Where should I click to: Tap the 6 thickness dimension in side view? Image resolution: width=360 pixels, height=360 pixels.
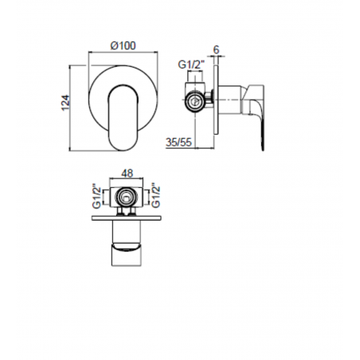tap(217, 49)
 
